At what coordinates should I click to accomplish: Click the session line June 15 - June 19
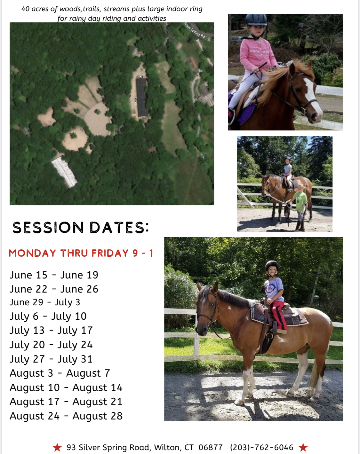point(54,275)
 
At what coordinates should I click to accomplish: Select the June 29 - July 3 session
point(45,302)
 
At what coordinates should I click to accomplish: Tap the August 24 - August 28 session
point(66,416)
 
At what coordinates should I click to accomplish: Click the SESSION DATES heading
point(81,227)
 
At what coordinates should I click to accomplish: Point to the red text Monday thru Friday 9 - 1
point(81,253)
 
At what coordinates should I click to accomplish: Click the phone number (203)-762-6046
point(262,447)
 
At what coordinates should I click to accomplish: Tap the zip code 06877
point(211,447)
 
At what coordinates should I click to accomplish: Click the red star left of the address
point(57,447)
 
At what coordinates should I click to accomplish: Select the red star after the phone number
point(303,447)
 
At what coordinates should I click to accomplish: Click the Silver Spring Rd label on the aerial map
point(194,30)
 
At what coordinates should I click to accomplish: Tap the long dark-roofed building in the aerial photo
point(142,98)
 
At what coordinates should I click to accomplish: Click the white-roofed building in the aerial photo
point(64,172)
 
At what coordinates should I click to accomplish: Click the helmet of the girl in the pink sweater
point(256,20)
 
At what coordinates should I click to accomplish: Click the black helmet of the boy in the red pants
point(272,266)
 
